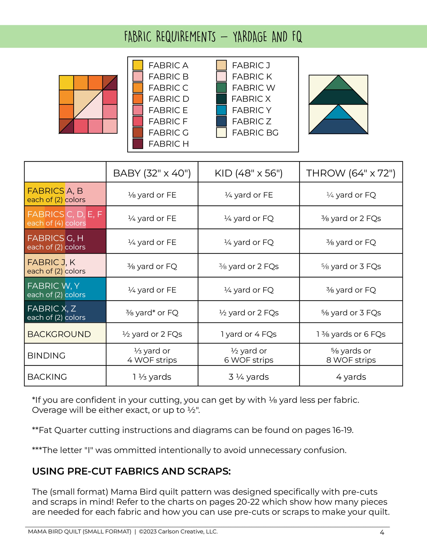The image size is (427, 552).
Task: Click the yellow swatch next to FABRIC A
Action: click(x=138, y=65)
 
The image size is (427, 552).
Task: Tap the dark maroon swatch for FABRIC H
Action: click(x=138, y=144)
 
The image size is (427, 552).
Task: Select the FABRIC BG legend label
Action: click(x=255, y=132)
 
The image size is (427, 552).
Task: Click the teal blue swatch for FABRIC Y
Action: click(x=221, y=110)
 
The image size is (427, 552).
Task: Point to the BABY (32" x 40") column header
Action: click(x=152, y=173)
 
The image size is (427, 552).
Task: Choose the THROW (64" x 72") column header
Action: click(x=351, y=173)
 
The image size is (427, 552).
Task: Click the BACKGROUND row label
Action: click(x=59, y=334)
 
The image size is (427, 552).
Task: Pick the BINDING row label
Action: click(x=46, y=355)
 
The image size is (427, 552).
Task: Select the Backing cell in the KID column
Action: click(x=248, y=377)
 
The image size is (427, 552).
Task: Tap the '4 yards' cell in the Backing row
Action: click(x=351, y=377)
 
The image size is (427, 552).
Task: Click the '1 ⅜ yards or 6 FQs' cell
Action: click(x=351, y=334)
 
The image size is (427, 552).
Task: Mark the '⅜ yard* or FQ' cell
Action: click(x=152, y=313)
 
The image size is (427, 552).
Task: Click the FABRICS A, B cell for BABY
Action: click(x=152, y=195)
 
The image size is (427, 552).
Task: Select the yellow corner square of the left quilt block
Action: click(x=66, y=82)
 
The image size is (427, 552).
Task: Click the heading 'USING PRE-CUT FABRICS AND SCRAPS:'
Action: click(x=131, y=471)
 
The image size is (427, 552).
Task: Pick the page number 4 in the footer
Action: click(x=382, y=532)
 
